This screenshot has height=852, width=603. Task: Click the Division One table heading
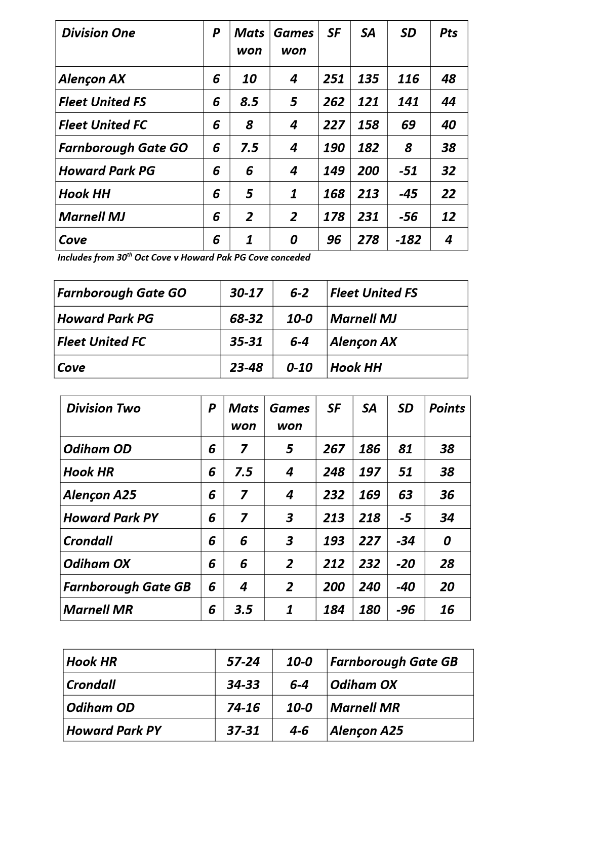pos(99,33)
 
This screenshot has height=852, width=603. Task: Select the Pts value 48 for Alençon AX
pos(449,79)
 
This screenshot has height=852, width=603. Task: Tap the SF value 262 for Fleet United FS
pos(334,102)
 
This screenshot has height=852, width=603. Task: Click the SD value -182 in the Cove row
pos(408,240)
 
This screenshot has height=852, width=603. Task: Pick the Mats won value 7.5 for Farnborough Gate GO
pos(249,148)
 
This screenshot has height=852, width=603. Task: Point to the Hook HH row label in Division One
pos(85,194)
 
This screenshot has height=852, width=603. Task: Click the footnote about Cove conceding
pos(184,258)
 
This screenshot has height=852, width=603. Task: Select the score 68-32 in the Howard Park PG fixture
pos(246,319)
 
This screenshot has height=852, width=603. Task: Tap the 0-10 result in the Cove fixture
pos(299,367)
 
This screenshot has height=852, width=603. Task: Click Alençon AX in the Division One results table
pos(364,342)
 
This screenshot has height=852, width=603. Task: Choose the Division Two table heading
pos(103,408)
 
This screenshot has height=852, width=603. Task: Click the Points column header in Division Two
pos(447,408)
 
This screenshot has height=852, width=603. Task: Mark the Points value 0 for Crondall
pos(447,541)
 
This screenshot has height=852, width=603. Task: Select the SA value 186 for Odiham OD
pos(369,449)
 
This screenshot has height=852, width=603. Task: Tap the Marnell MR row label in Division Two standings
pos(98,610)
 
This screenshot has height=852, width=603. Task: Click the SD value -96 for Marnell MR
pos(405,610)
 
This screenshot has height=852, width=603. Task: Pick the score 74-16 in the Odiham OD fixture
pos(243,707)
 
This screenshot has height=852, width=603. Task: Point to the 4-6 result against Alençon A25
pos(299,731)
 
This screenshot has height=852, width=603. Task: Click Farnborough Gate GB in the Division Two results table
pos(394,662)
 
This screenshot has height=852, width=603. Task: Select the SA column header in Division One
pos(368,33)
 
